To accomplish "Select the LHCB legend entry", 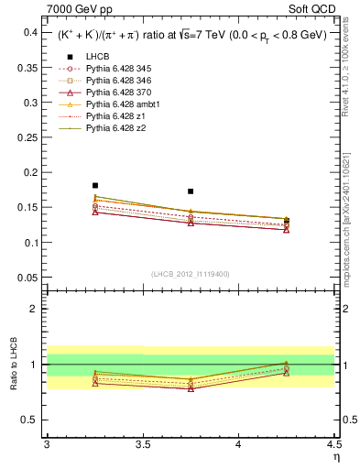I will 97,57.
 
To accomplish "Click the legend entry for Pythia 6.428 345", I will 115,69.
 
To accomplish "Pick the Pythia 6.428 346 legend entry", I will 115,81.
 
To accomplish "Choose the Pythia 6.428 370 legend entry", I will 115,93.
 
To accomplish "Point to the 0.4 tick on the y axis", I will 29,32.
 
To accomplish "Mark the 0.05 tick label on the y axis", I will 27,278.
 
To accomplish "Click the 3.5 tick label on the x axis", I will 142,445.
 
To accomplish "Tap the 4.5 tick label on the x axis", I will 333,445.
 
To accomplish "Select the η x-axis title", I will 335,458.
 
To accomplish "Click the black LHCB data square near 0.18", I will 95,185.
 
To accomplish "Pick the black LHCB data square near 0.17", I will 191,191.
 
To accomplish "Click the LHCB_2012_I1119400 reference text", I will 191,273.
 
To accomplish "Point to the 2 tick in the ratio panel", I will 34,309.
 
